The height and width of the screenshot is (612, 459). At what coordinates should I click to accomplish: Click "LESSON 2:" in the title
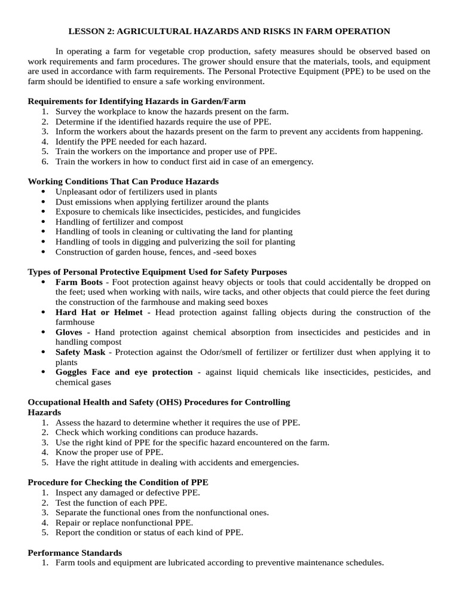pos(88,31)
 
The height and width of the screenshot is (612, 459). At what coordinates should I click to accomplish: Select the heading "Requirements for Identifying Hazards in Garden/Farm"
pos(137,101)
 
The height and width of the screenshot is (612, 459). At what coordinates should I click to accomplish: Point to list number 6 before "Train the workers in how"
pos(45,161)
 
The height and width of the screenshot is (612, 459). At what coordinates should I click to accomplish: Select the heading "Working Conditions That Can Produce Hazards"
pos(123,181)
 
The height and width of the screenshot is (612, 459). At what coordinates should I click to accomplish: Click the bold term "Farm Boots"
pos(79,281)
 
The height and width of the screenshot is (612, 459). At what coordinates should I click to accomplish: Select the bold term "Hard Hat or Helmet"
pos(99,312)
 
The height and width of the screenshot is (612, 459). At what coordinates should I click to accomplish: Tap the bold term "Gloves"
pos(69,332)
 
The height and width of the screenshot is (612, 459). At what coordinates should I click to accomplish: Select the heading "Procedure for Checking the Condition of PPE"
pos(118,482)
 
